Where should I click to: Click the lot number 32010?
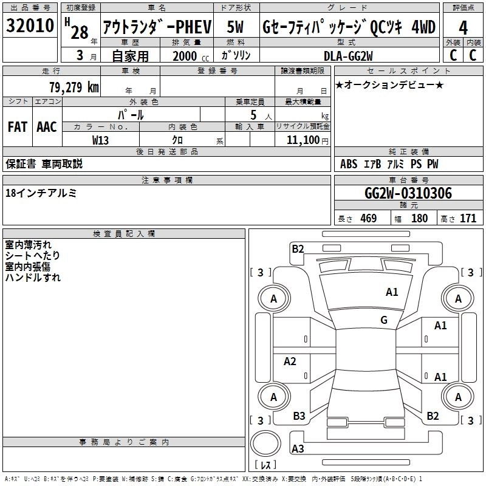coord(30,27)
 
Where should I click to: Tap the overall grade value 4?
coord(464,27)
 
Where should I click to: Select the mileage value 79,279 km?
coord(74,87)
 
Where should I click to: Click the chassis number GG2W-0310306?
coord(408,194)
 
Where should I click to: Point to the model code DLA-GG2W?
coord(347,56)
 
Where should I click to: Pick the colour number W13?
coord(101,140)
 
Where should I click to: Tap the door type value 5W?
coord(236,27)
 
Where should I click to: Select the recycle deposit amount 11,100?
coord(302,140)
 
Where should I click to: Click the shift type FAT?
coord(17,127)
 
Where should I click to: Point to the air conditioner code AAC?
coord(47,127)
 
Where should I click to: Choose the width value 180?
coord(419,218)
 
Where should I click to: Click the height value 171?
coord(468,218)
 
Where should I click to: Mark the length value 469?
coord(368,218)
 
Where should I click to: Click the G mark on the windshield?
coord(384,320)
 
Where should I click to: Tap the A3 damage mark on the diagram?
coord(298,449)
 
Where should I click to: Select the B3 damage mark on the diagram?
coord(299,416)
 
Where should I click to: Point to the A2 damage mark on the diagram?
coord(290,361)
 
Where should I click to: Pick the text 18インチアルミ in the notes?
coord(41,193)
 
